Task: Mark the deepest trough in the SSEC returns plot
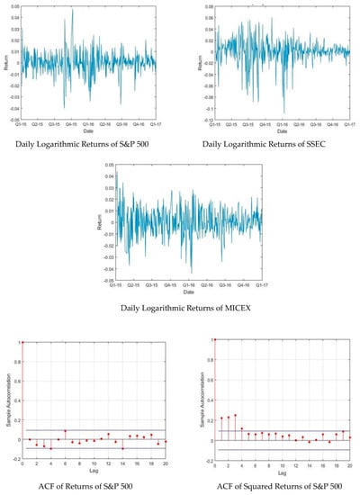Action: [x=283, y=112]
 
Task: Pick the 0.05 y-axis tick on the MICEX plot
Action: [x=110, y=166]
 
